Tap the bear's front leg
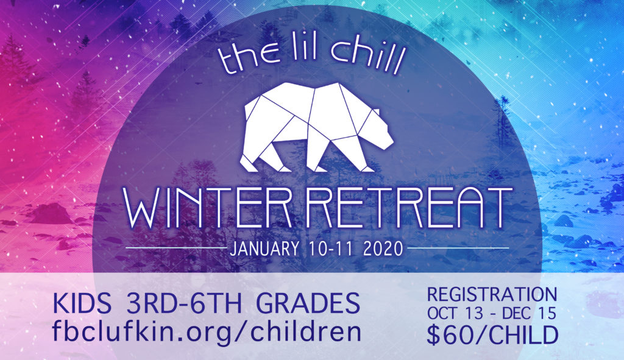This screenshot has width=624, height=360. [354, 155]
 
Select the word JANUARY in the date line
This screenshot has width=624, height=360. [264, 249]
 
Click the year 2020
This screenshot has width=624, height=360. [383, 249]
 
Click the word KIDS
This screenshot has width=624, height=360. [82, 303]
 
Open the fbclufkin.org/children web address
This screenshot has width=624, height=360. [207, 332]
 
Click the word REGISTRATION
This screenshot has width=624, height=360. [492, 295]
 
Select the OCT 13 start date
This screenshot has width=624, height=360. [456, 314]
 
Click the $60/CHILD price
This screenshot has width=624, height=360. [492, 336]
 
